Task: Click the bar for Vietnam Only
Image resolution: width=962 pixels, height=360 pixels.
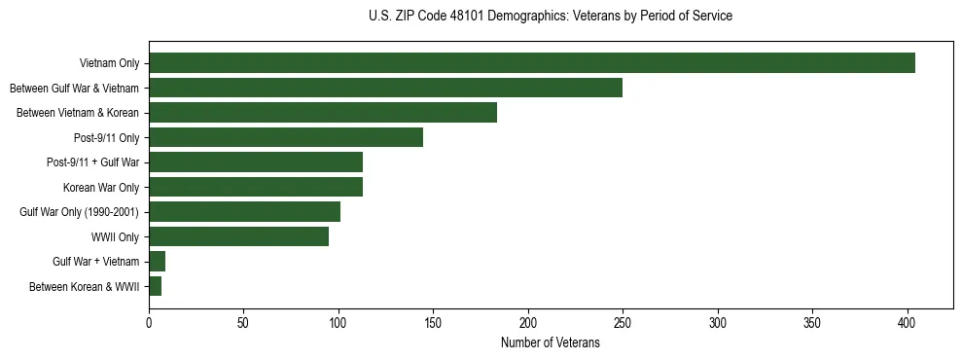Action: (x=531, y=63)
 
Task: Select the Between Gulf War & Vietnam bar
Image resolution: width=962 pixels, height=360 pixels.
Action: (x=385, y=88)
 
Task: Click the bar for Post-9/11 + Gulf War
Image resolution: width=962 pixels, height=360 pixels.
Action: (x=256, y=162)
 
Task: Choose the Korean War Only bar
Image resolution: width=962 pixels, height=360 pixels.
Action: (x=256, y=187)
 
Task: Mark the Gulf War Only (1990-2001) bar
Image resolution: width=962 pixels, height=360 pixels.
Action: (x=244, y=212)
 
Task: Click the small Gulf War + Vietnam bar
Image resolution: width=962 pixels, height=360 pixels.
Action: (x=157, y=262)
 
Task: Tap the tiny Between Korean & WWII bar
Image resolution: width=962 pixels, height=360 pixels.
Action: (x=155, y=286)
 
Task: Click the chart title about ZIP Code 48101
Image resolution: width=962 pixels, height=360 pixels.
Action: (x=551, y=17)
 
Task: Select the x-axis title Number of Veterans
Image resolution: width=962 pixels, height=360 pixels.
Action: (x=550, y=343)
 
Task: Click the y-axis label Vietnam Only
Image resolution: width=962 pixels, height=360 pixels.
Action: (x=109, y=63)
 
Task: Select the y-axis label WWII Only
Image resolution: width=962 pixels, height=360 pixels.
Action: (x=115, y=236)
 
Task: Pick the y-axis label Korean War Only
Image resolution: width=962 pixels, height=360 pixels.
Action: (x=101, y=187)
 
